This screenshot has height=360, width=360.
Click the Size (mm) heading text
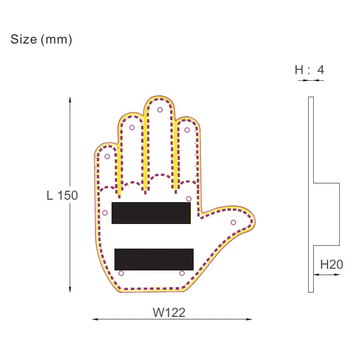pos(41,40)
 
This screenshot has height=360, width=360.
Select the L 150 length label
pos(62,196)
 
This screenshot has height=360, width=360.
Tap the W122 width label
pos(169,312)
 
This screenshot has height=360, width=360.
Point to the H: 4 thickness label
pos(309,70)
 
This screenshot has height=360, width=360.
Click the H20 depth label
pos(332,264)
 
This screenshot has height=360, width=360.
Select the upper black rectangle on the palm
pos(151,213)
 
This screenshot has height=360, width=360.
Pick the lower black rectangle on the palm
pos(154,259)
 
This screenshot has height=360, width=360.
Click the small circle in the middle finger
pos(160,110)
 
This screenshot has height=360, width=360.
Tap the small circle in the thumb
pos(233,222)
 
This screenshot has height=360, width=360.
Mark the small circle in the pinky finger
pos(107,156)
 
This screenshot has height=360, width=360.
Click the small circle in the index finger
pos(187,130)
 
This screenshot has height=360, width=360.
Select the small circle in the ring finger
pos(132,128)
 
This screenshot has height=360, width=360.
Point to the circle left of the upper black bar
pos(105,213)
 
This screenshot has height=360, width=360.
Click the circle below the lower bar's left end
pos(121,273)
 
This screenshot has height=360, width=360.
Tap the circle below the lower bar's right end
pos(182,273)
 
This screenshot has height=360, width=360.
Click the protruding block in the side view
pos(326,214)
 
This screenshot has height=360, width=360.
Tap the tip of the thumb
pos(253,220)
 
